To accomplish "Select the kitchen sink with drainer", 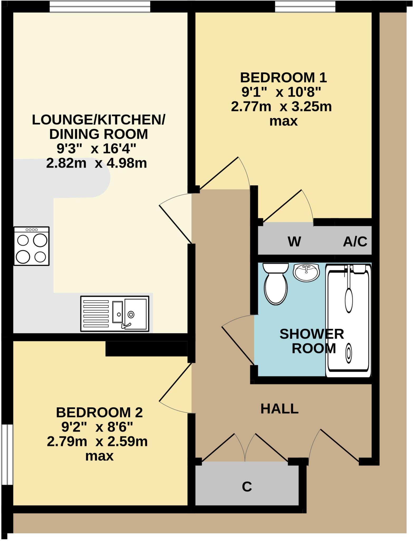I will point(115,314).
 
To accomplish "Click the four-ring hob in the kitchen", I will point(32,246).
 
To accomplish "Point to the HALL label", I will point(279,409).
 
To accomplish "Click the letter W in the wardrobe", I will point(294,241).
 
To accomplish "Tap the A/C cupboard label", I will point(355,241).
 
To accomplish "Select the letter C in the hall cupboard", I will point(247,487).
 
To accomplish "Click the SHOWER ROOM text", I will point(312,341).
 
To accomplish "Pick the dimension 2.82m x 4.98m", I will point(97,163).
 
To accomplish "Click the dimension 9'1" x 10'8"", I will point(281,92).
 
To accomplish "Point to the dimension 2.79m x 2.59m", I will point(97,441).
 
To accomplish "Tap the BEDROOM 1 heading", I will point(283,78).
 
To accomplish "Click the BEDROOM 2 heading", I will point(99,413).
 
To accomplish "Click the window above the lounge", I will point(100,7).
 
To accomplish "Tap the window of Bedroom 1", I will point(305,7).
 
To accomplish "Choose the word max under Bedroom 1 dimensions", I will point(283,122).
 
